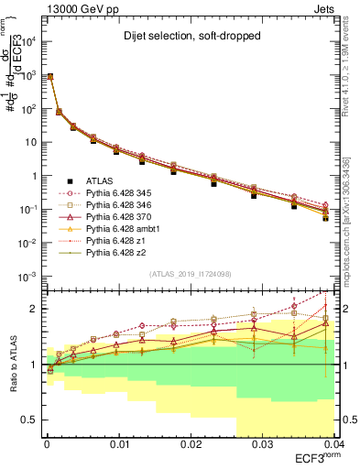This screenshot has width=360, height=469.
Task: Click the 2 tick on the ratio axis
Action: point(35,309)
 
